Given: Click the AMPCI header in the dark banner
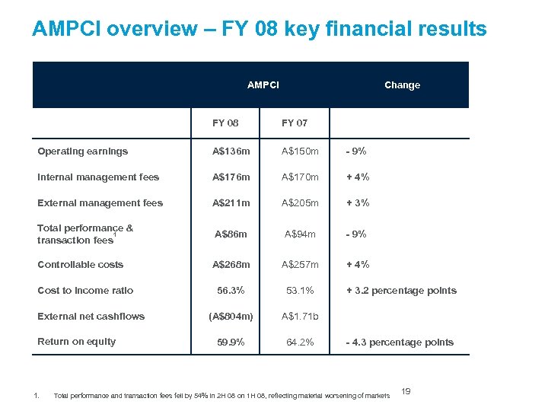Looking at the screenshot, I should pyautogui.click(x=263, y=84).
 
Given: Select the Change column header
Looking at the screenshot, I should pyautogui.click(x=402, y=85).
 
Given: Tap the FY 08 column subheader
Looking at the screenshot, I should pyautogui.click(x=225, y=123).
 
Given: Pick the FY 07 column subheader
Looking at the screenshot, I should pyautogui.click(x=295, y=123).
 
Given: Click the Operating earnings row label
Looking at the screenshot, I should pyautogui.click(x=83, y=151).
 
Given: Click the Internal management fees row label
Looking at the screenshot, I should pyautogui.click(x=98, y=177).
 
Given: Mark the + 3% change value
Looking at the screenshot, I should pyautogui.click(x=358, y=203).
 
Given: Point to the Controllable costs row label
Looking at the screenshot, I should pyautogui.click(x=81, y=265).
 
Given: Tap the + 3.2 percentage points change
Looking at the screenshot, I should pyautogui.click(x=401, y=291).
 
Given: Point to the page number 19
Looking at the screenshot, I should pyautogui.click(x=406, y=391).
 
